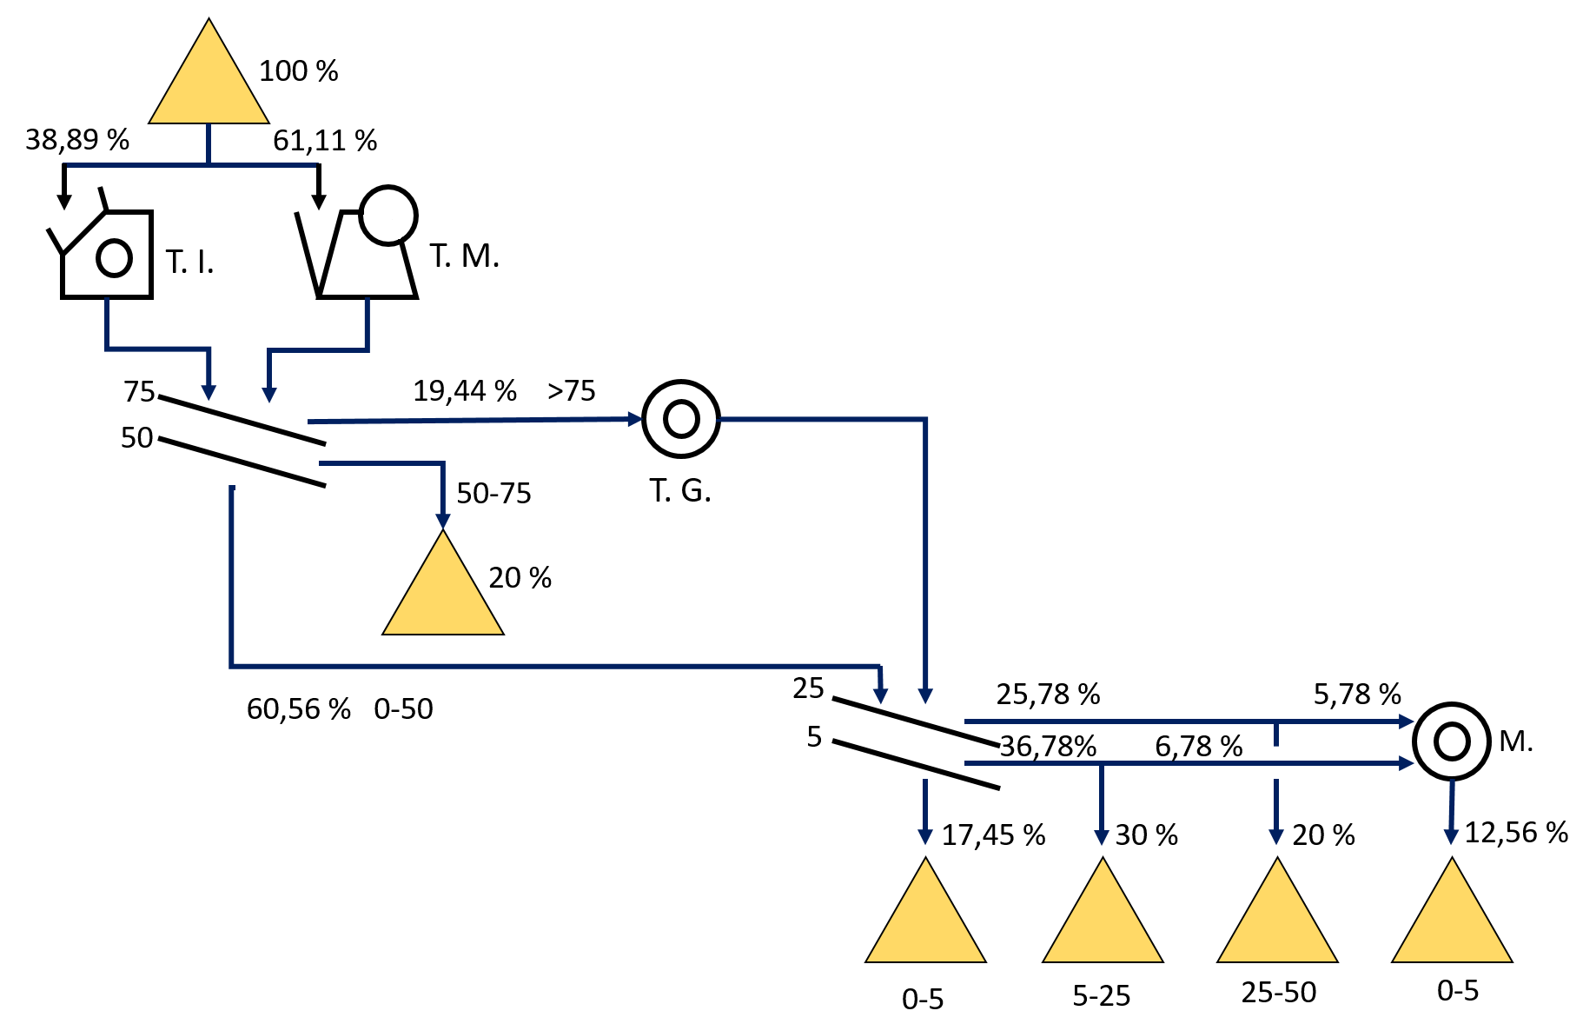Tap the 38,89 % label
point(76,139)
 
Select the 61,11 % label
point(325,140)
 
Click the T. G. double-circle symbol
point(681,419)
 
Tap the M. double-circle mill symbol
point(1452,741)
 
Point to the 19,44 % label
point(465,391)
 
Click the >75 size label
point(572,391)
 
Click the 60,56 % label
point(299,709)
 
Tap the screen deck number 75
point(139,392)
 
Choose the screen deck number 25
point(808,688)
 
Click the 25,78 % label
point(1048,695)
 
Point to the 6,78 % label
point(1198,747)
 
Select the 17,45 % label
point(993,835)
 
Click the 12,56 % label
point(1516,833)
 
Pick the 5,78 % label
point(1357,695)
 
